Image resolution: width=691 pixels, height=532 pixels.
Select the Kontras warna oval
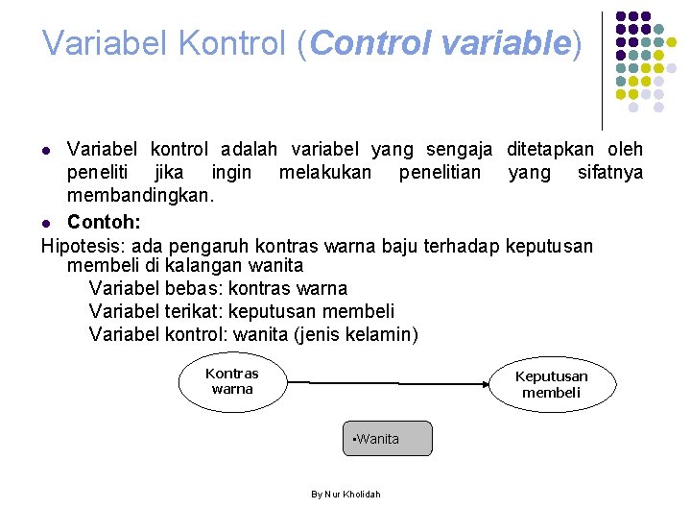pos(232,381)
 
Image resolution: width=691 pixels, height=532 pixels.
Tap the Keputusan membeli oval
pos(551,384)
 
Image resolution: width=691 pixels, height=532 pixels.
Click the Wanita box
pos(388,439)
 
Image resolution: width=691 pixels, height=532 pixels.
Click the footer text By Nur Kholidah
pos(345,494)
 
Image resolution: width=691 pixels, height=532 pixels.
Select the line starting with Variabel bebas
pos(218,288)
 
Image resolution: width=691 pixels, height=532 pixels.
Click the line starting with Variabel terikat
pos(241,311)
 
